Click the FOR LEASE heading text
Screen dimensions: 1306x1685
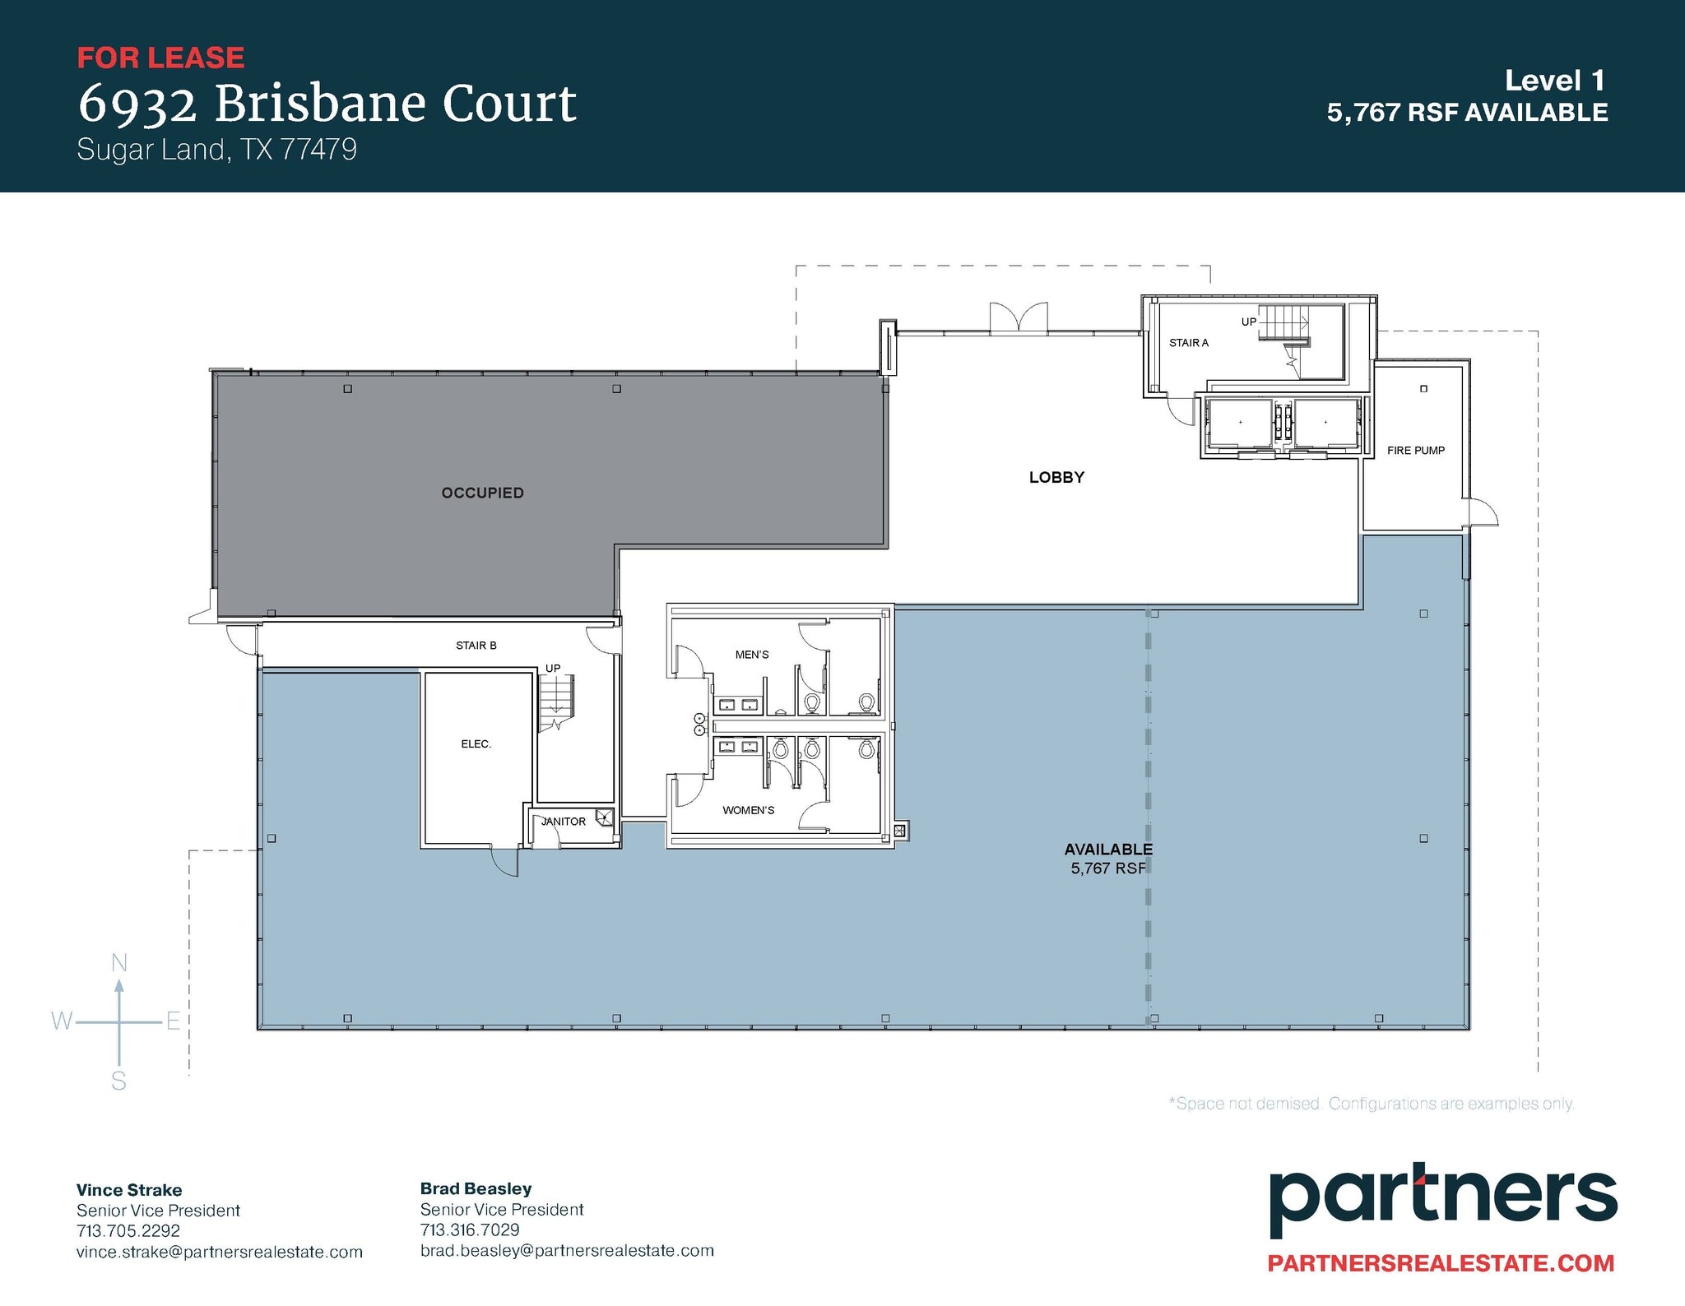[160, 58]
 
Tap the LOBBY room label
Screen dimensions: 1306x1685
[1056, 477]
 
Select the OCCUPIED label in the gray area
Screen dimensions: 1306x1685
[482, 493]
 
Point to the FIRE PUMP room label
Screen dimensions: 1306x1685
[1415, 451]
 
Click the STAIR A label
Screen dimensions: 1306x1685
[1188, 343]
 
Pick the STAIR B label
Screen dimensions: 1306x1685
[476, 646]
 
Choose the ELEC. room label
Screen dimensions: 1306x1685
[476, 744]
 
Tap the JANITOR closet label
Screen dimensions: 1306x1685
[564, 822]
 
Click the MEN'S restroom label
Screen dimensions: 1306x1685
[752, 655]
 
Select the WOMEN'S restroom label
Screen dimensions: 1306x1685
[748, 810]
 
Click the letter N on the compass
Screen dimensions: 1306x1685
[119, 962]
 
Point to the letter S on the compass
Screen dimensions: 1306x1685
[119, 1081]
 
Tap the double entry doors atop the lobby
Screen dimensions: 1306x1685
[1019, 317]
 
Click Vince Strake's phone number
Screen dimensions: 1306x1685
[128, 1231]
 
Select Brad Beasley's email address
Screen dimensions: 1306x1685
[567, 1251]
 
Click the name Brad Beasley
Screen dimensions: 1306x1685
[476, 1188]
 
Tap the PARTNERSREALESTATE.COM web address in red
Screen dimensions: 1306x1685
[1441, 1263]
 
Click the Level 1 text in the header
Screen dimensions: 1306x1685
[1554, 81]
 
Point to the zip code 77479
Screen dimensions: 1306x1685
[318, 150]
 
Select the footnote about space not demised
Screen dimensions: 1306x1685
[1371, 1104]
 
